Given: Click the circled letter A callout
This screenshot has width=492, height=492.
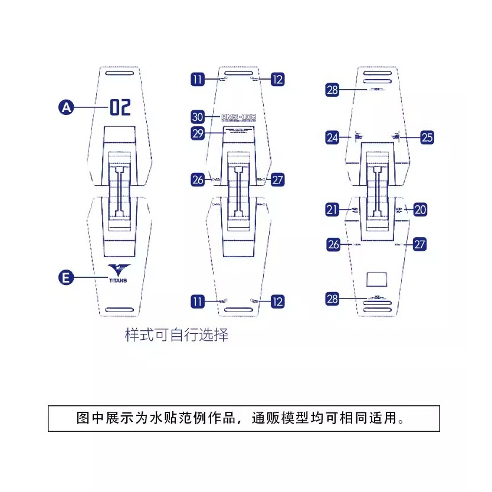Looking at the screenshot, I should point(67,107).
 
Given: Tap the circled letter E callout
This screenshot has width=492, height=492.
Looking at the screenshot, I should point(67,277).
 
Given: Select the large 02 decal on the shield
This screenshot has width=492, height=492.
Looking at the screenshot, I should point(120,107).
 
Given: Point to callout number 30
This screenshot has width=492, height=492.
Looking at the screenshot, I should point(198,117).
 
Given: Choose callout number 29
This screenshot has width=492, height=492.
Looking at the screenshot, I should point(198,133).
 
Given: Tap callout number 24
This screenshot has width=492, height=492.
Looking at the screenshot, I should point(333,137).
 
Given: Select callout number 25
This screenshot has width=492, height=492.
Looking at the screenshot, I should point(427,137).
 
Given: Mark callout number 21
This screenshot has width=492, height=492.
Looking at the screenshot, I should point(333,209).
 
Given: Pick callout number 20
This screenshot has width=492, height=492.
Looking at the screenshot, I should point(420,209).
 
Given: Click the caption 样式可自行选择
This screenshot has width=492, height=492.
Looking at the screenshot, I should point(177,336).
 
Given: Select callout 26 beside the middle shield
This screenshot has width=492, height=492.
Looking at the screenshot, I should point(198,180).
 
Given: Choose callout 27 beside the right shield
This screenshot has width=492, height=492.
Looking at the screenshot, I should point(419,244).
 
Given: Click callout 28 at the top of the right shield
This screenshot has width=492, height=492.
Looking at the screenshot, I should point(333,90).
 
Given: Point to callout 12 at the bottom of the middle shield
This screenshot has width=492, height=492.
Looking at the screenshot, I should point(277,301).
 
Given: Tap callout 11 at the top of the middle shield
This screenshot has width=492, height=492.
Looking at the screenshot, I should point(198,79).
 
